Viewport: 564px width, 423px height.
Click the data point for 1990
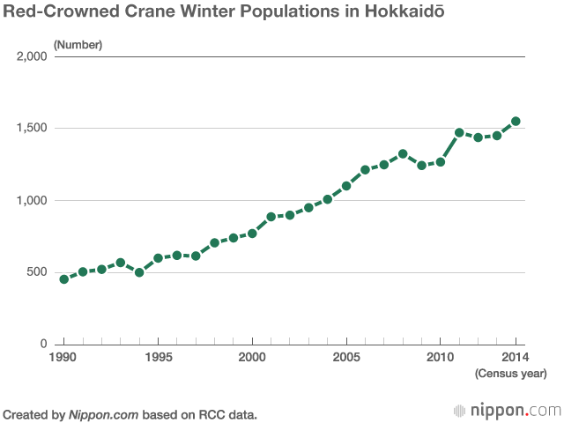pyautogui.click(x=64, y=279)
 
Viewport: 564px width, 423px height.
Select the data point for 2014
pyautogui.click(x=516, y=122)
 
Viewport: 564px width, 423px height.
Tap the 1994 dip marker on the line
pyautogui.click(x=139, y=272)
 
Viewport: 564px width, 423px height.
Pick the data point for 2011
pyautogui.click(x=459, y=133)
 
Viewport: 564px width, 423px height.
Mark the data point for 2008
pyautogui.click(x=403, y=154)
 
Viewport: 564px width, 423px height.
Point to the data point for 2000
pyautogui.click(x=252, y=234)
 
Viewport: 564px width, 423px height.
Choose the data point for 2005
pyautogui.click(x=346, y=186)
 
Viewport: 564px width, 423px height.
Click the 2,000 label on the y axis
pyautogui.click(x=32, y=56)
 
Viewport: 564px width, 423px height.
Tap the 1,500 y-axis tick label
pyautogui.click(x=32, y=128)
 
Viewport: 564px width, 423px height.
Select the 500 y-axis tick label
pyautogui.click(x=37, y=271)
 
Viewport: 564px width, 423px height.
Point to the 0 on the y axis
pyautogui.click(x=43, y=344)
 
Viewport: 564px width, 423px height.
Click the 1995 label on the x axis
pyautogui.click(x=159, y=357)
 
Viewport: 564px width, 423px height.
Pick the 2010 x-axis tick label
pyautogui.click(x=441, y=357)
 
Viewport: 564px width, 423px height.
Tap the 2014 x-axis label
pyautogui.click(x=516, y=357)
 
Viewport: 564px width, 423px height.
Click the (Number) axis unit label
pyautogui.click(x=78, y=45)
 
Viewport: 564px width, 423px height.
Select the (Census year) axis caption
pyautogui.click(x=511, y=374)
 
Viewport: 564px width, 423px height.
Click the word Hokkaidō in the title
pyautogui.click(x=404, y=11)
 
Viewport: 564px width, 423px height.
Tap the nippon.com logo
pyautogui.click(x=508, y=411)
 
